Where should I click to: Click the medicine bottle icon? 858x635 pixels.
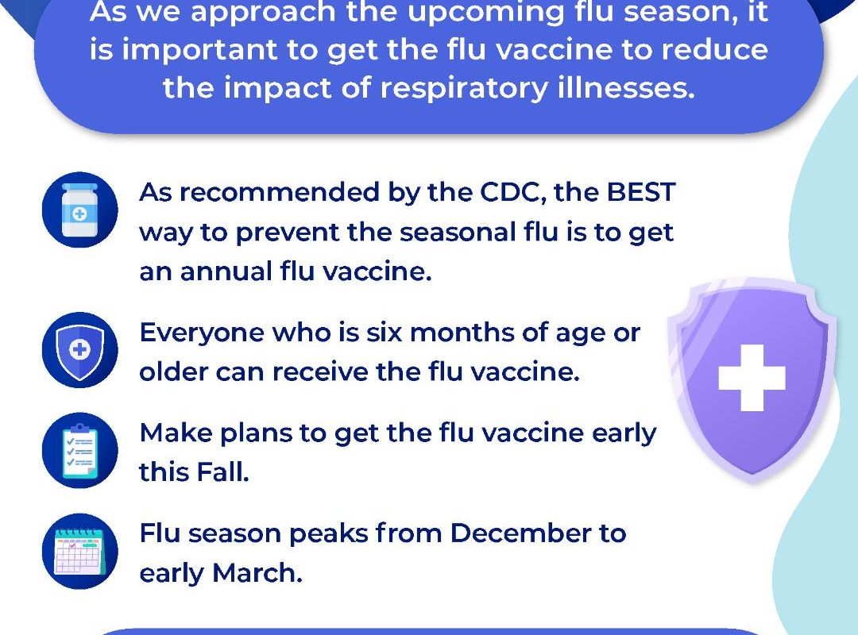[x=80, y=210]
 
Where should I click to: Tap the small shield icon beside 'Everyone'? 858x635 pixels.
[x=80, y=350]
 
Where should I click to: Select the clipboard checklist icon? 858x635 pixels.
[x=80, y=450]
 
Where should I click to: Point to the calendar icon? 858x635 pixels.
[x=80, y=551]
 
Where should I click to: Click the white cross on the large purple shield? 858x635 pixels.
[x=752, y=378]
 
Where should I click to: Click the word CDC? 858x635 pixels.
[x=514, y=193]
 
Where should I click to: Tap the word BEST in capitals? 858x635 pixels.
[x=641, y=193]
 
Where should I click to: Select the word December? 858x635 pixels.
[x=520, y=533]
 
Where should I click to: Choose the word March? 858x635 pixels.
[x=257, y=573]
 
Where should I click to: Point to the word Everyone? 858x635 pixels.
[x=202, y=333]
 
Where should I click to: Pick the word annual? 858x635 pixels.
[x=226, y=271]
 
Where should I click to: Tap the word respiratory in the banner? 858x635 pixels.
[x=464, y=89]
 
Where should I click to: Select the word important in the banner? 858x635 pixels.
[x=200, y=50]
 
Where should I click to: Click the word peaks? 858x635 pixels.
[x=328, y=534]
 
